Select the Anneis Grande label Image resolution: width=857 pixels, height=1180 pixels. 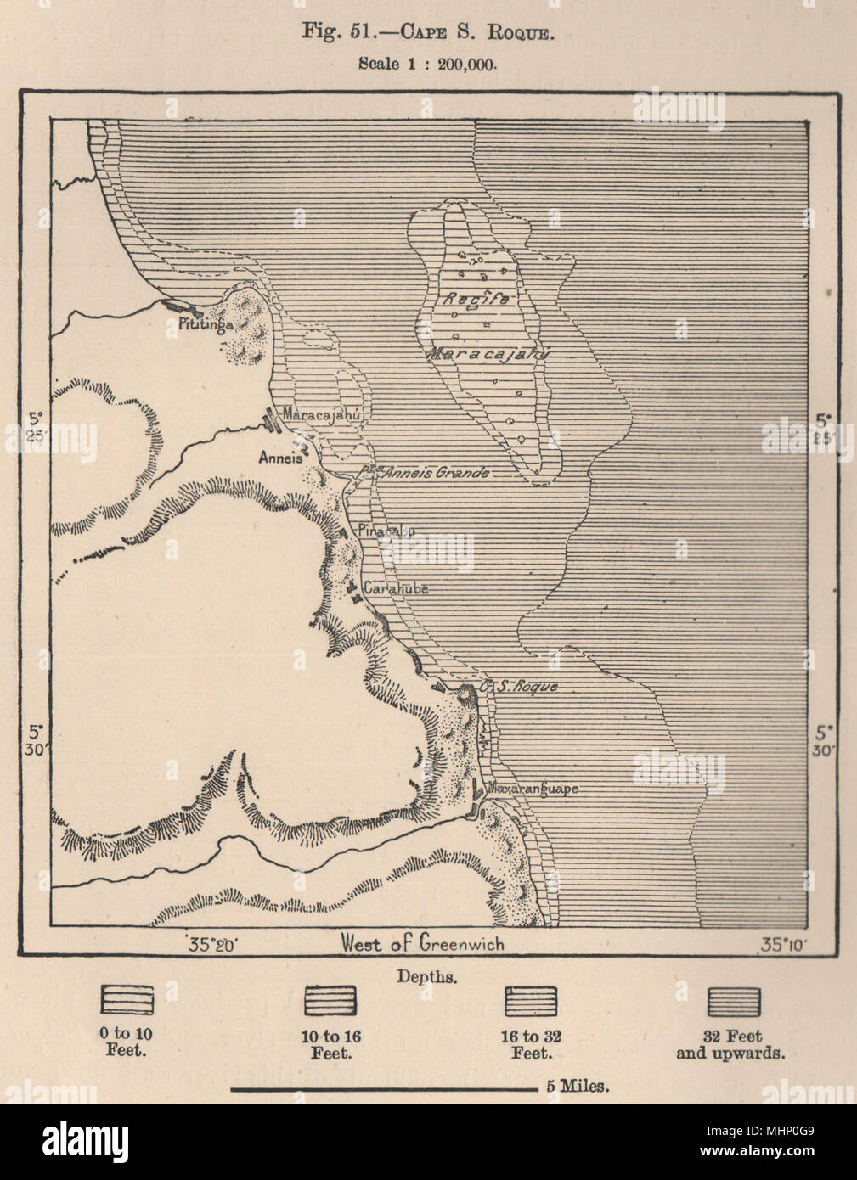pyautogui.click(x=435, y=473)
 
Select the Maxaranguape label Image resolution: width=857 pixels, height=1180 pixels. pyautogui.click(x=532, y=789)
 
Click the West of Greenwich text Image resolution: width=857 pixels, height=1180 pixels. pyautogui.click(x=422, y=943)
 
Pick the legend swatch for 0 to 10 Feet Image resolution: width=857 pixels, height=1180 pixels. pyautogui.click(x=127, y=1000)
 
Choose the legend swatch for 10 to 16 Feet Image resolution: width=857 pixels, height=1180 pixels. pyautogui.click(x=330, y=1000)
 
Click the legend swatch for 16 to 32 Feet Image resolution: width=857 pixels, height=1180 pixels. pyautogui.click(x=531, y=1000)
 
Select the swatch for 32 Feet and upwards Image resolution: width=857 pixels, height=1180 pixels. pyautogui.click(x=733, y=1000)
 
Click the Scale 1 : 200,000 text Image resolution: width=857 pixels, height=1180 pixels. pyautogui.click(x=427, y=63)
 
